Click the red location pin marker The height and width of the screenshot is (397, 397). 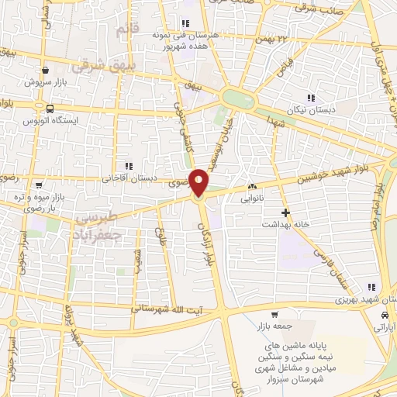pyautogui.click(x=200, y=181)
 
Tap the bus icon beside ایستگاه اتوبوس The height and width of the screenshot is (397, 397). pyautogui.click(x=50, y=109)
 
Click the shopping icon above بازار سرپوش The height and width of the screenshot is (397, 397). pyautogui.click(x=46, y=69)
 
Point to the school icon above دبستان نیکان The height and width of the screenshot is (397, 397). pyautogui.click(x=311, y=98)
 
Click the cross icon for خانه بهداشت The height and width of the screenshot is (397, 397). pyautogui.click(x=286, y=212)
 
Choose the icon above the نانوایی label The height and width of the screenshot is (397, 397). pyautogui.click(x=252, y=187)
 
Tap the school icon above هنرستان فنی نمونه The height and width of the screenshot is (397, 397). pyautogui.click(x=185, y=23)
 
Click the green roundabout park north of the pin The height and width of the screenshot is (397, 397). pyautogui.click(x=236, y=98)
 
